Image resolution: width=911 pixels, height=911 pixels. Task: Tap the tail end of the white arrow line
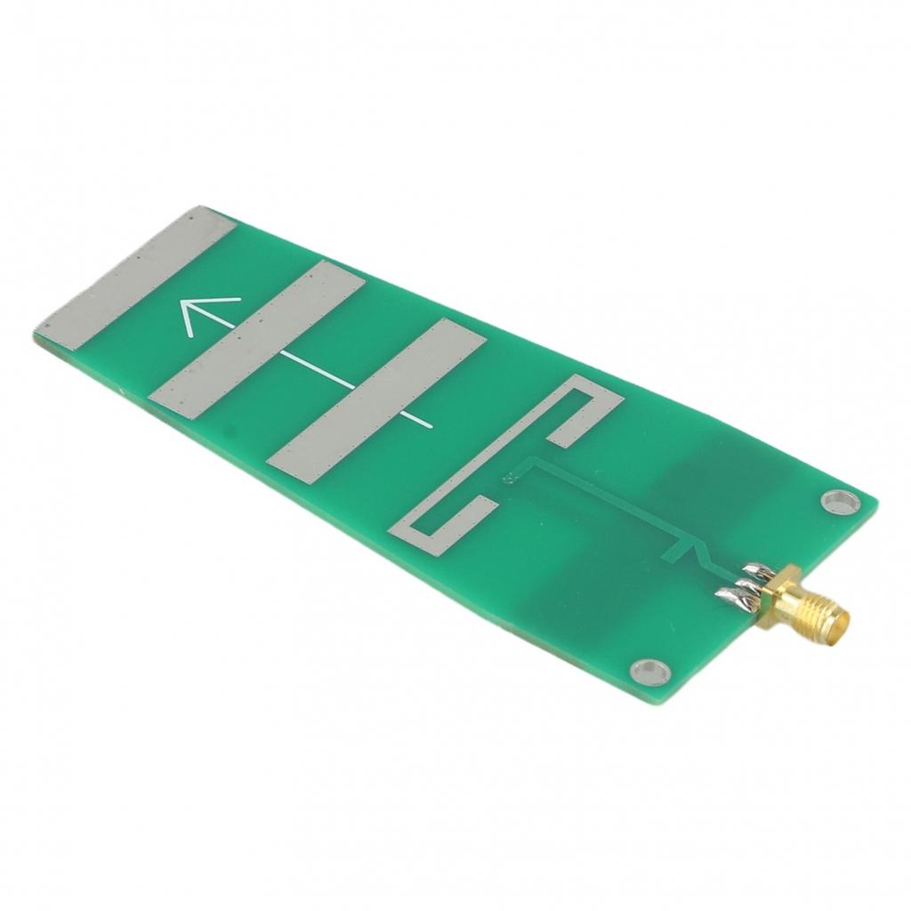[x=432, y=427]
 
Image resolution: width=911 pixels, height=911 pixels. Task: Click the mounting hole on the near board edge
[x=650, y=671]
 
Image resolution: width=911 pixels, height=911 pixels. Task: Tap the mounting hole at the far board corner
[x=836, y=501]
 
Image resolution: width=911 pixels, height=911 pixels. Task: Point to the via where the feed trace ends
[x=509, y=479]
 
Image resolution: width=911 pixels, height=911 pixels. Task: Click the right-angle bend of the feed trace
[x=531, y=461]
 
